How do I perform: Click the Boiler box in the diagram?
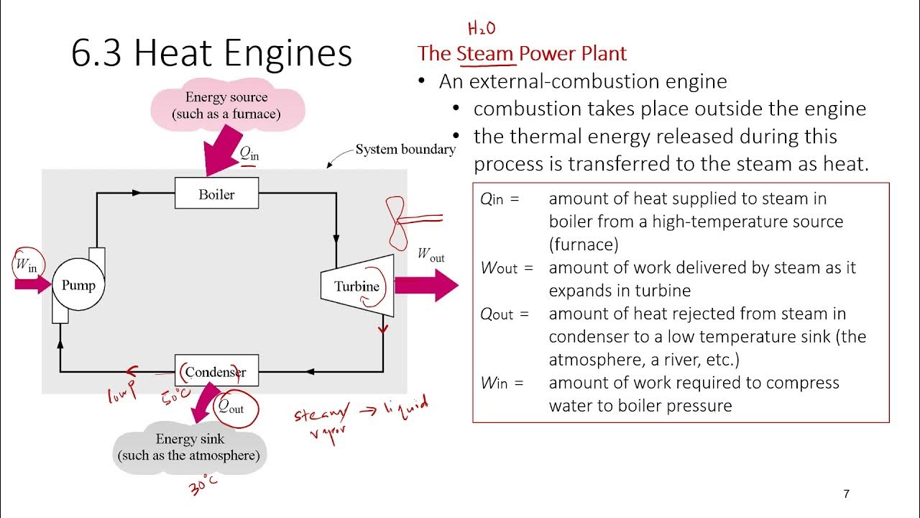pyautogui.click(x=216, y=194)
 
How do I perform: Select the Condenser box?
pyautogui.click(x=216, y=372)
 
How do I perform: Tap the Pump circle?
pyautogui.click(x=78, y=285)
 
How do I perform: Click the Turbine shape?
pyautogui.click(x=357, y=286)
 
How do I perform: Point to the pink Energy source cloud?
pyautogui.click(x=226, y=106)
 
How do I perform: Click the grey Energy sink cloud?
pyautogui.click(x=190, y=447)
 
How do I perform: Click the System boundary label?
pyautogui.click(x=405, y=150)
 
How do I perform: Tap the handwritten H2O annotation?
pyautogui.click(x=481, y=29)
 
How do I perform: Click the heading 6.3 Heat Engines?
pyautogui.click(x=212, y=53)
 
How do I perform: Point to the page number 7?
pyautogui.click(x=846, y=494)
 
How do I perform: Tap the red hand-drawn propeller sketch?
pyautogui.click(x=397, y=220)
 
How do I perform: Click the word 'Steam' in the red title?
pyautogui.click(x=485, y=53)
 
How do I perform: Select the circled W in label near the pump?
pyautogui.click(x=26, y=265)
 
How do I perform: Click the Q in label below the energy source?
pyautogui.click(x=249, y=153)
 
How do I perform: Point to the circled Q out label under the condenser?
pyautogui.click(x=232, y=408)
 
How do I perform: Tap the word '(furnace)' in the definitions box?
pyautogui.click(x=584, y=245)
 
